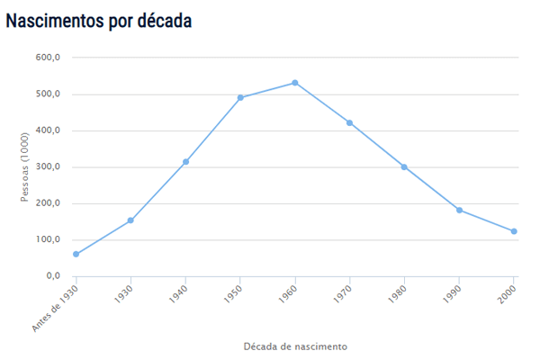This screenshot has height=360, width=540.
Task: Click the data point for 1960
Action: (x=295, y=83)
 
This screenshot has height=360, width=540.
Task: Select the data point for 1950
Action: (x=240, y=97)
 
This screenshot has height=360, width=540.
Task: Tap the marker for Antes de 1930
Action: (x=76, y=254)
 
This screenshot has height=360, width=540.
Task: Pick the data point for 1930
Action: (x=130, y=220)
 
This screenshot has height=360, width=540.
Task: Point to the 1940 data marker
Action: (x=185, y=162)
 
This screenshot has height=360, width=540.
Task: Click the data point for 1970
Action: (x=349, y=122)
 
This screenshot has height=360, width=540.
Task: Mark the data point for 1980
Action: (x=404, y=166)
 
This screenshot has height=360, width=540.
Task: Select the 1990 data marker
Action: (x=459, y=210)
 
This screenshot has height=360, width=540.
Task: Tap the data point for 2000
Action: (x=514, y=231)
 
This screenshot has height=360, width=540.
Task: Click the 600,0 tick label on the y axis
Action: (x=48, y=58)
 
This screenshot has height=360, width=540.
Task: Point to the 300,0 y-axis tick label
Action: (x=48, y=166)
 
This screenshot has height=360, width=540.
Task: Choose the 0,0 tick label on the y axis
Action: (x=53, y=276)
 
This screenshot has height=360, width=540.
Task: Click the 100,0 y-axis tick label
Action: (x=48, y=239)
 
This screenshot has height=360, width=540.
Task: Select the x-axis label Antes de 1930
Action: (x=57, y=306)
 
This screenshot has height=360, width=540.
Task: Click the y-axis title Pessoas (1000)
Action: (x=26, y=167)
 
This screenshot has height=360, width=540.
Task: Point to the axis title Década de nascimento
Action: (x=295, y=346)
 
